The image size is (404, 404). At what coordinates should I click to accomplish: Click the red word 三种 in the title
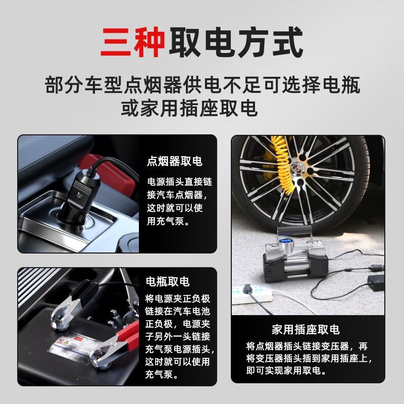click(133, 43)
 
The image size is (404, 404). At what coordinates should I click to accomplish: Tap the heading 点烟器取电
click(174, 161)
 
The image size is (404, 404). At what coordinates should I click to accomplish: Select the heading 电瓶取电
click(167, 281)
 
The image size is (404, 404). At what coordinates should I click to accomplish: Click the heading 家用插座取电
click(306, 330)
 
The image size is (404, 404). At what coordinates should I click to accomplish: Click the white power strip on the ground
click(258, 293)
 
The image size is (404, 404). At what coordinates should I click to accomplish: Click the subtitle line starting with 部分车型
click(202, 84)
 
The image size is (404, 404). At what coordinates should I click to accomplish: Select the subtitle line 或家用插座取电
click(189, 108)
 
